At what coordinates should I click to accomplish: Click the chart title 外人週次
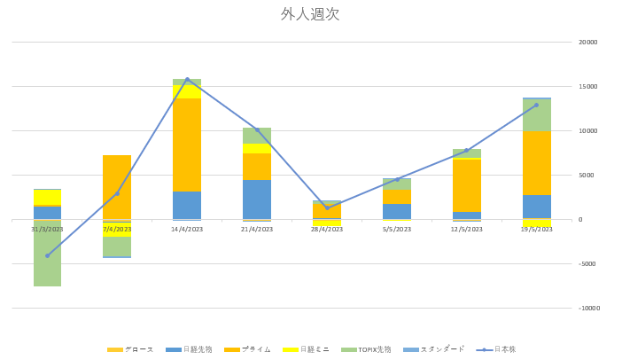[310, 14]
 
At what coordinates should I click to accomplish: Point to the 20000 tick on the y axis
[587, 43]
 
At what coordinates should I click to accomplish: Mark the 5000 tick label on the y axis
[587, 176]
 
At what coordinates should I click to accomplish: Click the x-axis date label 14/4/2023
[187, 229]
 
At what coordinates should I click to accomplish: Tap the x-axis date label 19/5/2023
[536, 229]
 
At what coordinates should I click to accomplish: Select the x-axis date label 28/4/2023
[327, 229]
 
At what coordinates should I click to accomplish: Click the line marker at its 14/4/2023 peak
[187, 79]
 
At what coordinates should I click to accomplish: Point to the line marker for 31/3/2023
[47, 255]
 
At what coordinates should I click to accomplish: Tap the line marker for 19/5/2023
[536, 105]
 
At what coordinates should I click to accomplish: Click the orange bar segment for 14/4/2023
[187, 145]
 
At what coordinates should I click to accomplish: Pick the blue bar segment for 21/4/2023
[257, 200]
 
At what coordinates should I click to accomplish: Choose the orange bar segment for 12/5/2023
[467, 185]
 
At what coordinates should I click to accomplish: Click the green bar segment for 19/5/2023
[536, 115]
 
